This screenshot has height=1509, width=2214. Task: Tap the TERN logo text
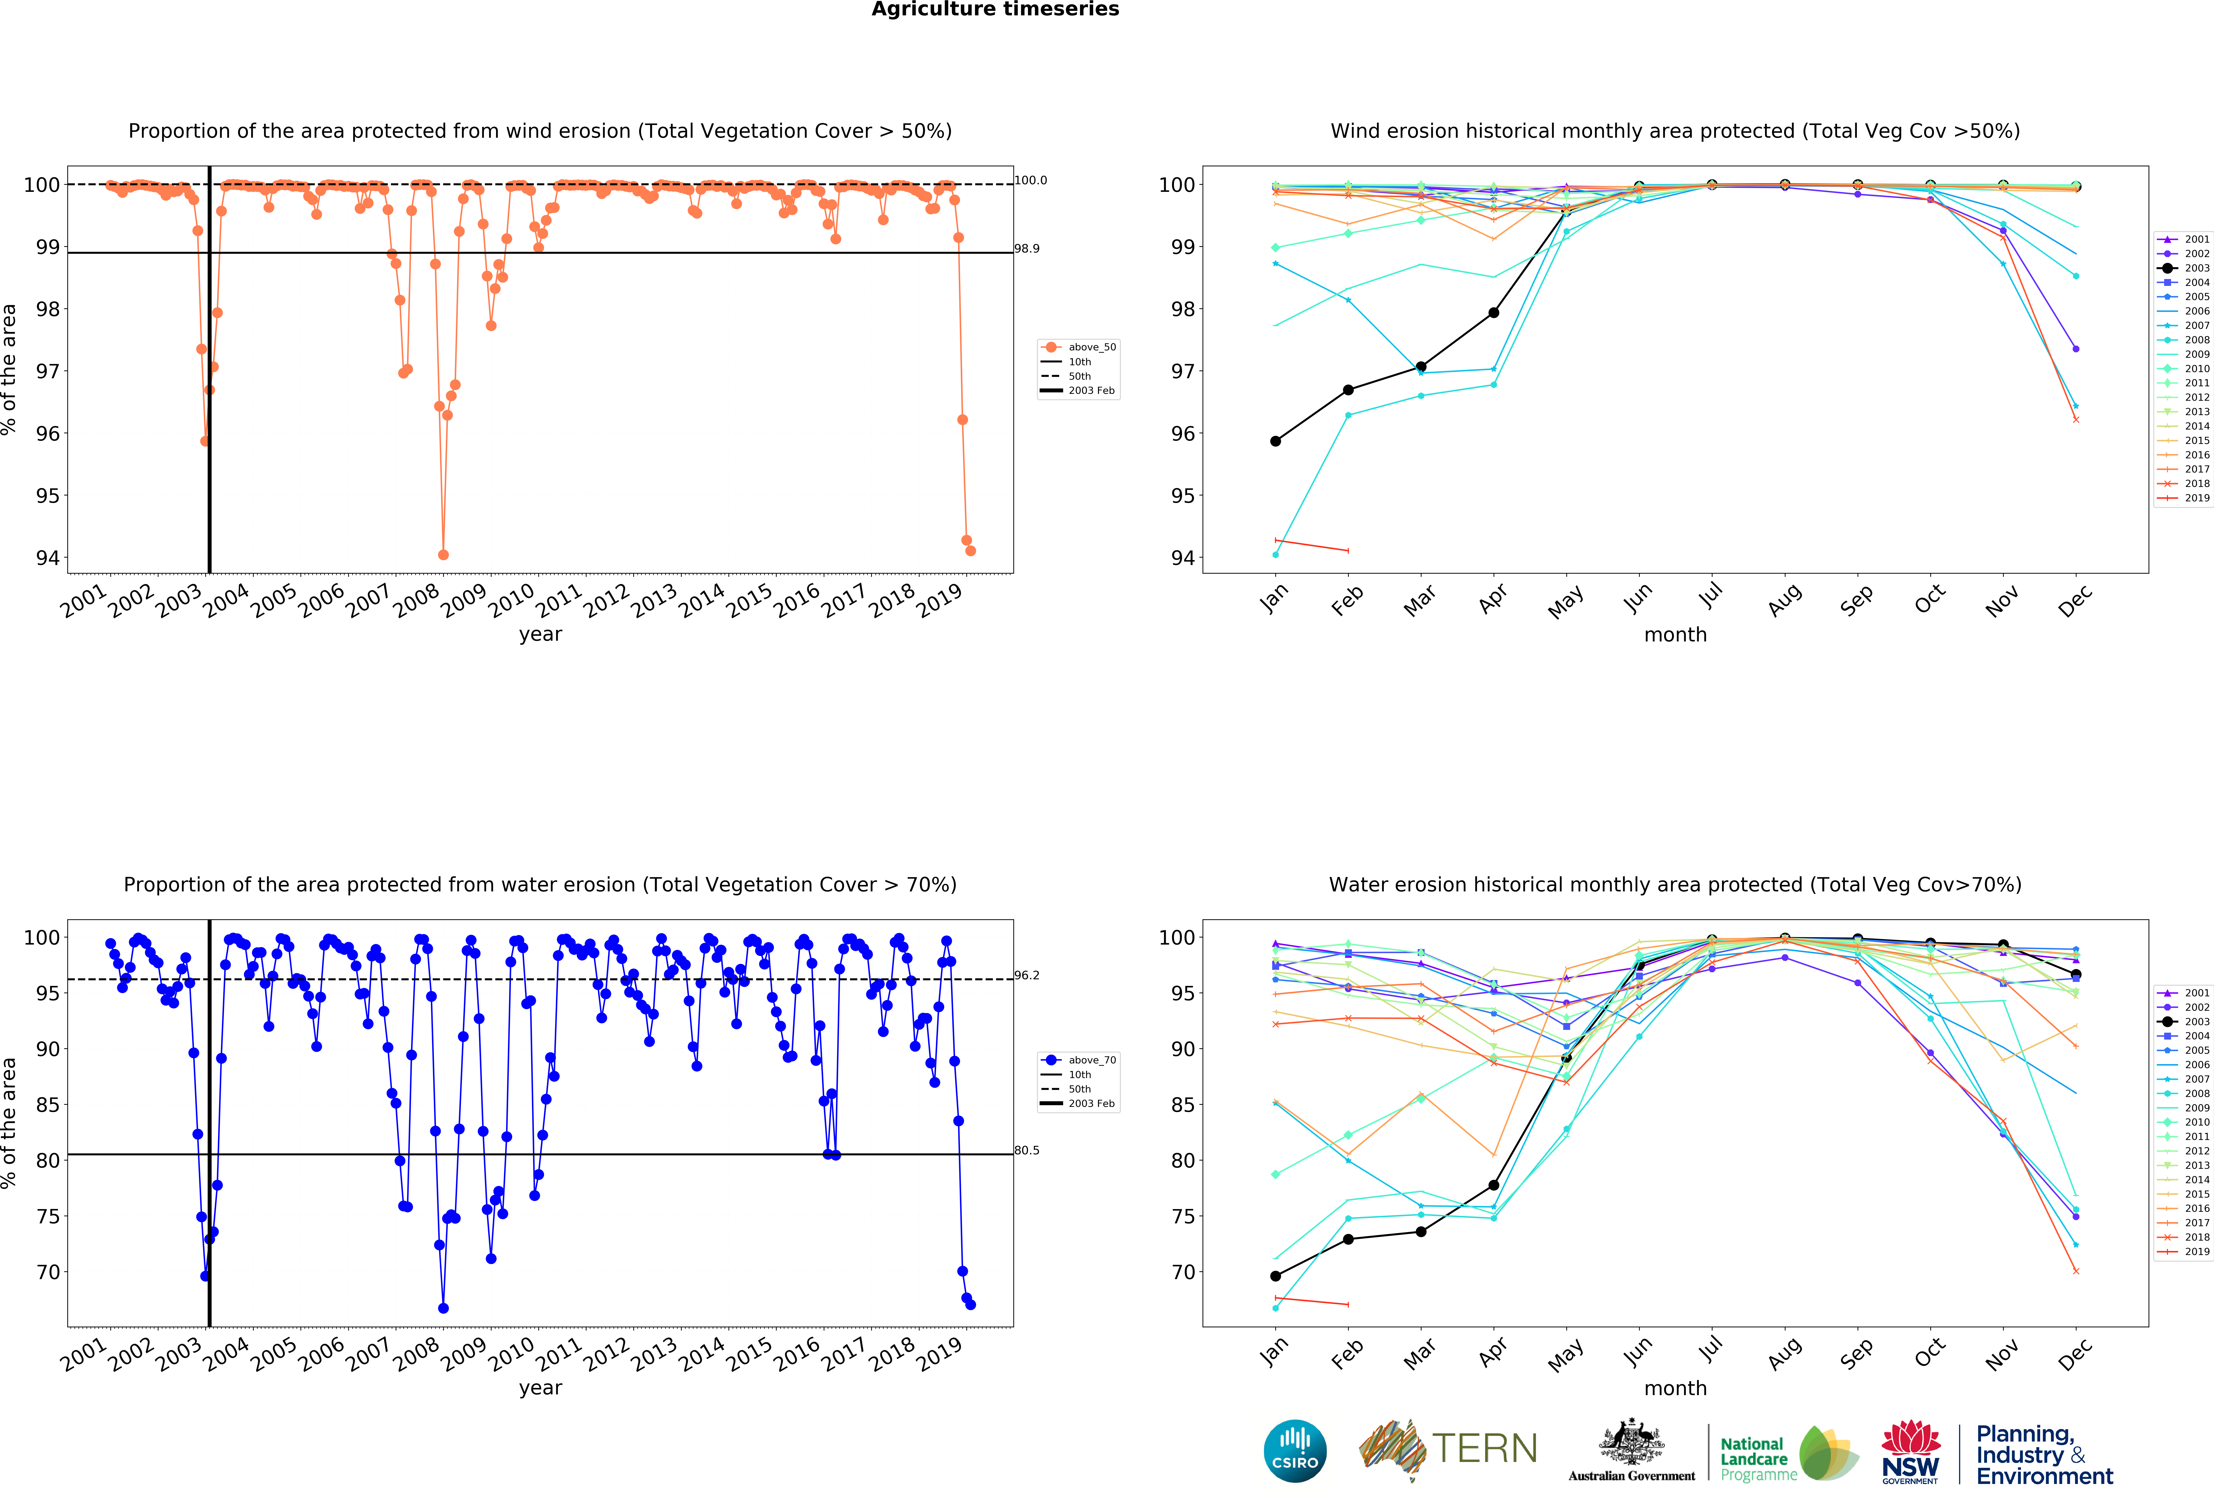1484,1449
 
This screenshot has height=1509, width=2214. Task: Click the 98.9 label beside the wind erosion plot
1027,249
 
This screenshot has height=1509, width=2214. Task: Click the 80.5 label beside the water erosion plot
1027,1151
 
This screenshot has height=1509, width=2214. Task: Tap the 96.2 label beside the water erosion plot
1027,976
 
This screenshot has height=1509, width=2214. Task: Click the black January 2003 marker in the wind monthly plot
1276,441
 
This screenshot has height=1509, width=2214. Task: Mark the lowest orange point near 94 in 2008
443,555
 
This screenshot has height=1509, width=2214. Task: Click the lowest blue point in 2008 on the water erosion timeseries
443,1308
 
